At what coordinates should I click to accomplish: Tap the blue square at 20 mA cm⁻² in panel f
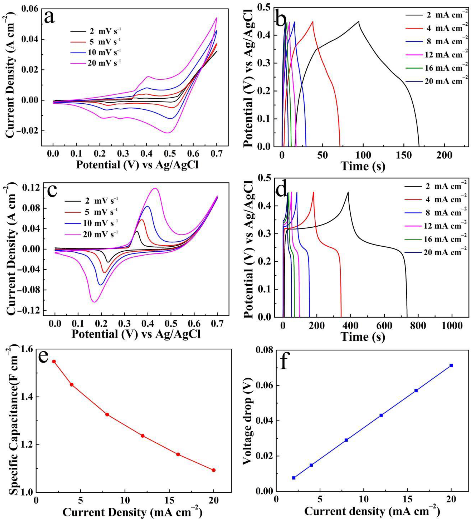[451, 365]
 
